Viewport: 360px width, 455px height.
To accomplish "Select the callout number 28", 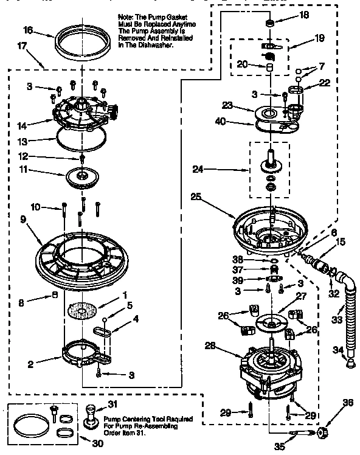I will [210, 346].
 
